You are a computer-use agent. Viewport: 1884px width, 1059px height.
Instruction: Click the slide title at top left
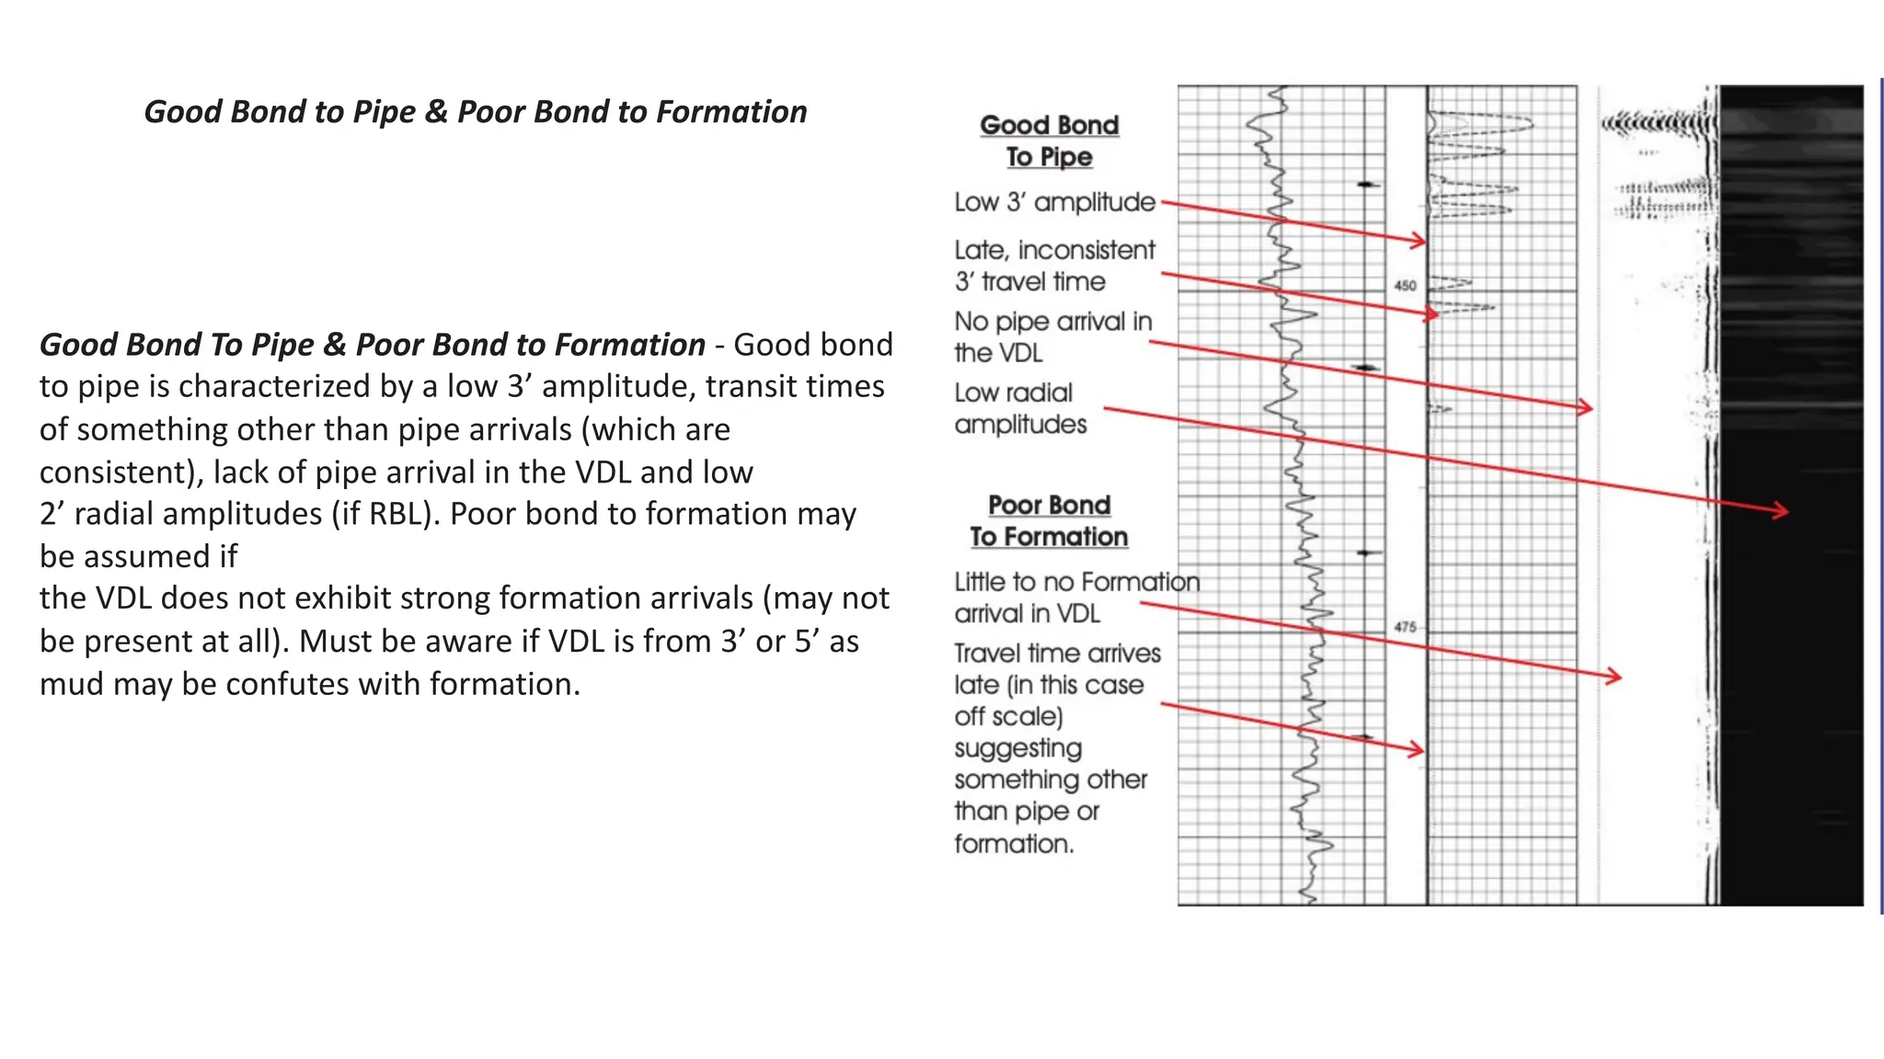pos(475,112)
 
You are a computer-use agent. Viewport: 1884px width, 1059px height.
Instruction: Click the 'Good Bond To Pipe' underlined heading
pos(1050,141)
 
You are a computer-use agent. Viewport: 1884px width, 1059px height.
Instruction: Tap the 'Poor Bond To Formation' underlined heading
pos(1050,520)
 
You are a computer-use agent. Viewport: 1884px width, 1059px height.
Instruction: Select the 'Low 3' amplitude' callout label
pos(1054,202)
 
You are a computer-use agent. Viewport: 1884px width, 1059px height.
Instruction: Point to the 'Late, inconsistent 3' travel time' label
pos(1054,266)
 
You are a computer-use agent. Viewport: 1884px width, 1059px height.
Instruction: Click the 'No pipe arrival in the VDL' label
pos(1052,336)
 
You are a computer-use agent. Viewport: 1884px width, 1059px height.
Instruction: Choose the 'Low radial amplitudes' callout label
pos(1020,408)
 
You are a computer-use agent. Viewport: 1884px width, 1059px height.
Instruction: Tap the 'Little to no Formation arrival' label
pos(1076,598)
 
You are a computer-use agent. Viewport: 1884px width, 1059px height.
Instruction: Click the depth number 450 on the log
pos(1405,286)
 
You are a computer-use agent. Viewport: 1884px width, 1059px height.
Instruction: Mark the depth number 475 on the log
pos(1405,627)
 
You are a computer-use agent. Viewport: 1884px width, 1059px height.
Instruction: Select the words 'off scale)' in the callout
pos(1008,716)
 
